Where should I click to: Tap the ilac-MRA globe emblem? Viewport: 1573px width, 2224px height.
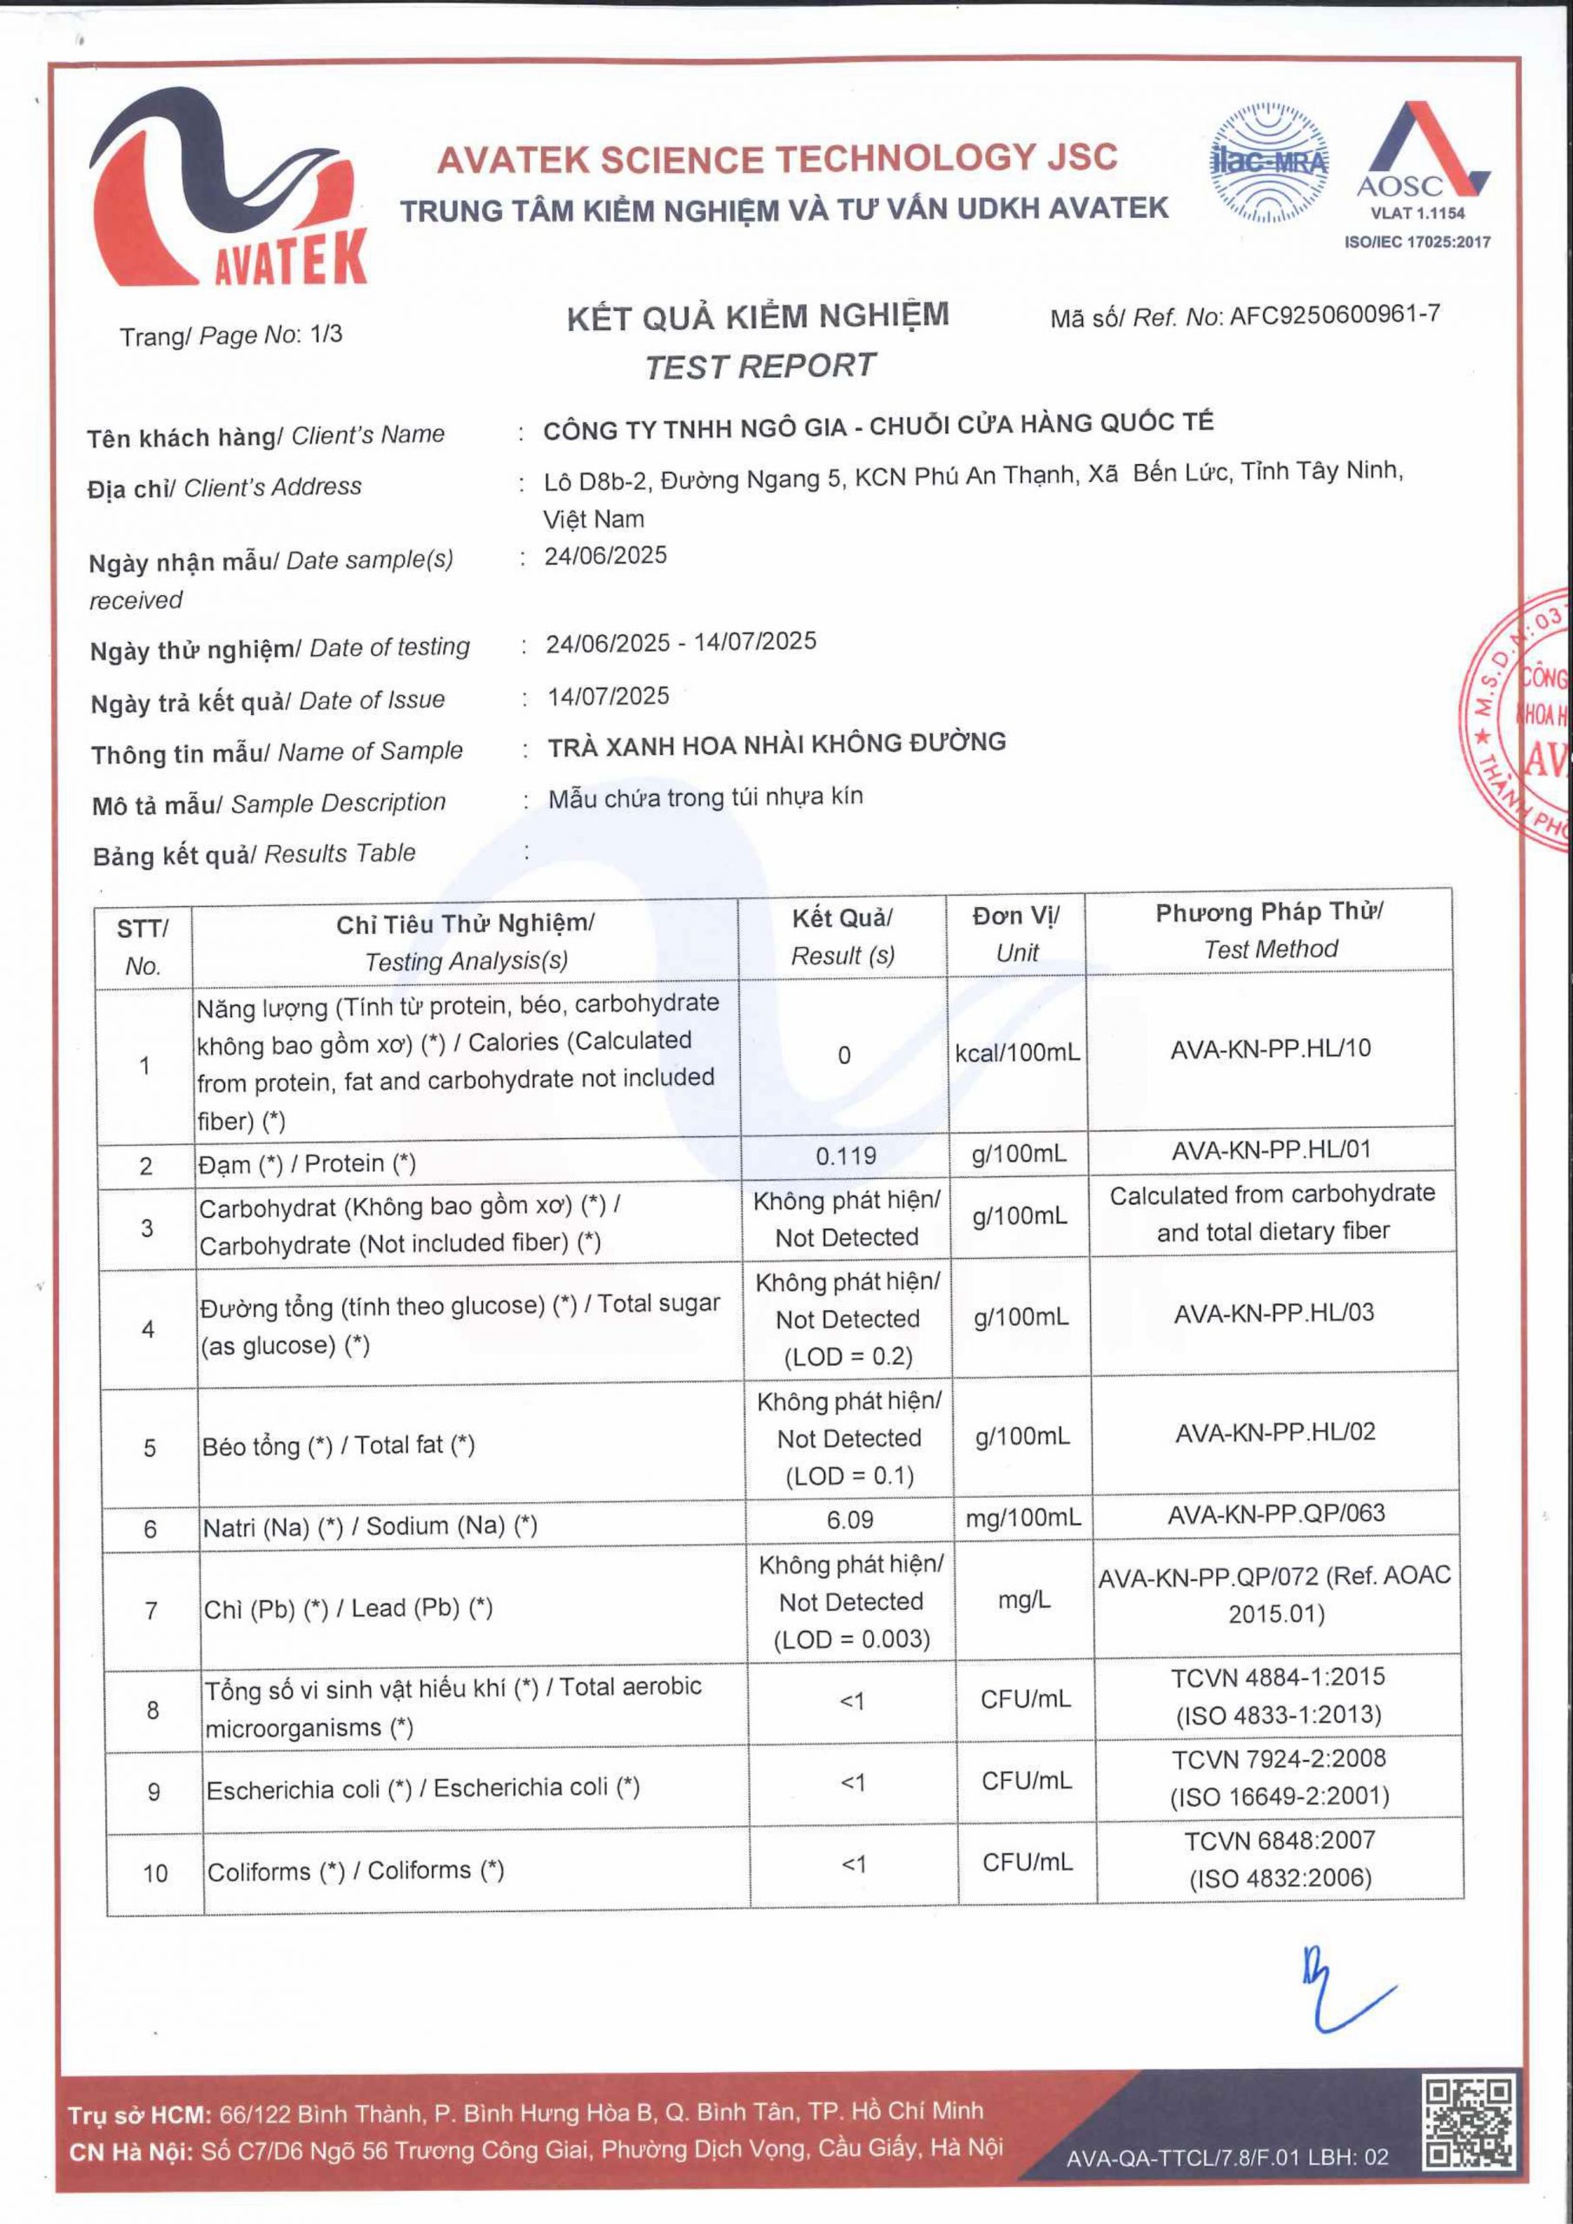1269,162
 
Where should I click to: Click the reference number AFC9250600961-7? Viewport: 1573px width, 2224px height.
1334,314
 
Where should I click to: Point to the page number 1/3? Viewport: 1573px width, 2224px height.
326,335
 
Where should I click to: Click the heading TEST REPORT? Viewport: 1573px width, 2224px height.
759,366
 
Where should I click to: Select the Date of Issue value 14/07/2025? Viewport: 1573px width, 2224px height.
608,697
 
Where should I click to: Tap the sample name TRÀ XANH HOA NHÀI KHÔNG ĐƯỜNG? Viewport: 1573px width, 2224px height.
777,744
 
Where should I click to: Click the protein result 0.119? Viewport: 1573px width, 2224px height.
846,1155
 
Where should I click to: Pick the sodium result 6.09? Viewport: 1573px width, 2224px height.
849,1519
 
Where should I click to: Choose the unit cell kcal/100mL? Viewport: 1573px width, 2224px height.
1017,1053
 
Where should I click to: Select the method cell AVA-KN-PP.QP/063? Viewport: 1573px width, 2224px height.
1276,1513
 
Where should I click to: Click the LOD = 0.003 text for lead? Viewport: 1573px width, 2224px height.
851,1639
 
